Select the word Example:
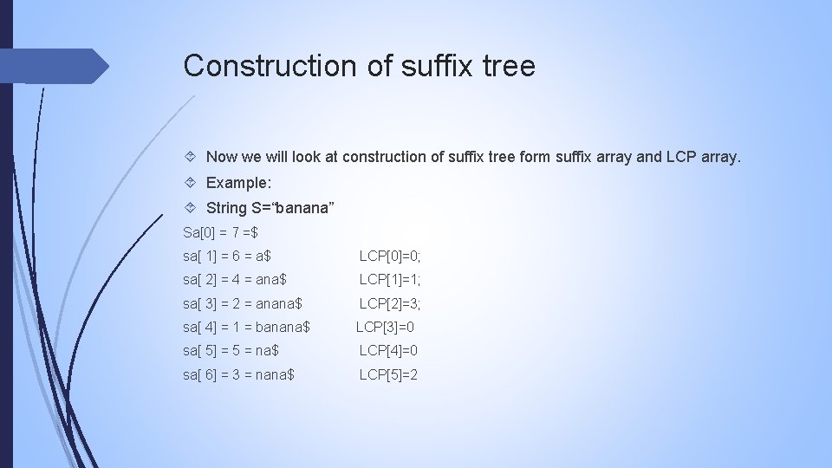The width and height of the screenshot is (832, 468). (238, 184)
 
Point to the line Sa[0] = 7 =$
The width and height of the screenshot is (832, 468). (221, 232)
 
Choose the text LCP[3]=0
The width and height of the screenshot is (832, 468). (386, 328)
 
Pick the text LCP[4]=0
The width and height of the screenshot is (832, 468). (388, 351)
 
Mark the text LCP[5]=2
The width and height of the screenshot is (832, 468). (388, 375)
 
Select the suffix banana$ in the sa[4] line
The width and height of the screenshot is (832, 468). (283, 328)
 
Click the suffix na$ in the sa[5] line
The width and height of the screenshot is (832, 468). (267, 351)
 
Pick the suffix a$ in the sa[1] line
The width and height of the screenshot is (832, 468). (263, 256)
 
